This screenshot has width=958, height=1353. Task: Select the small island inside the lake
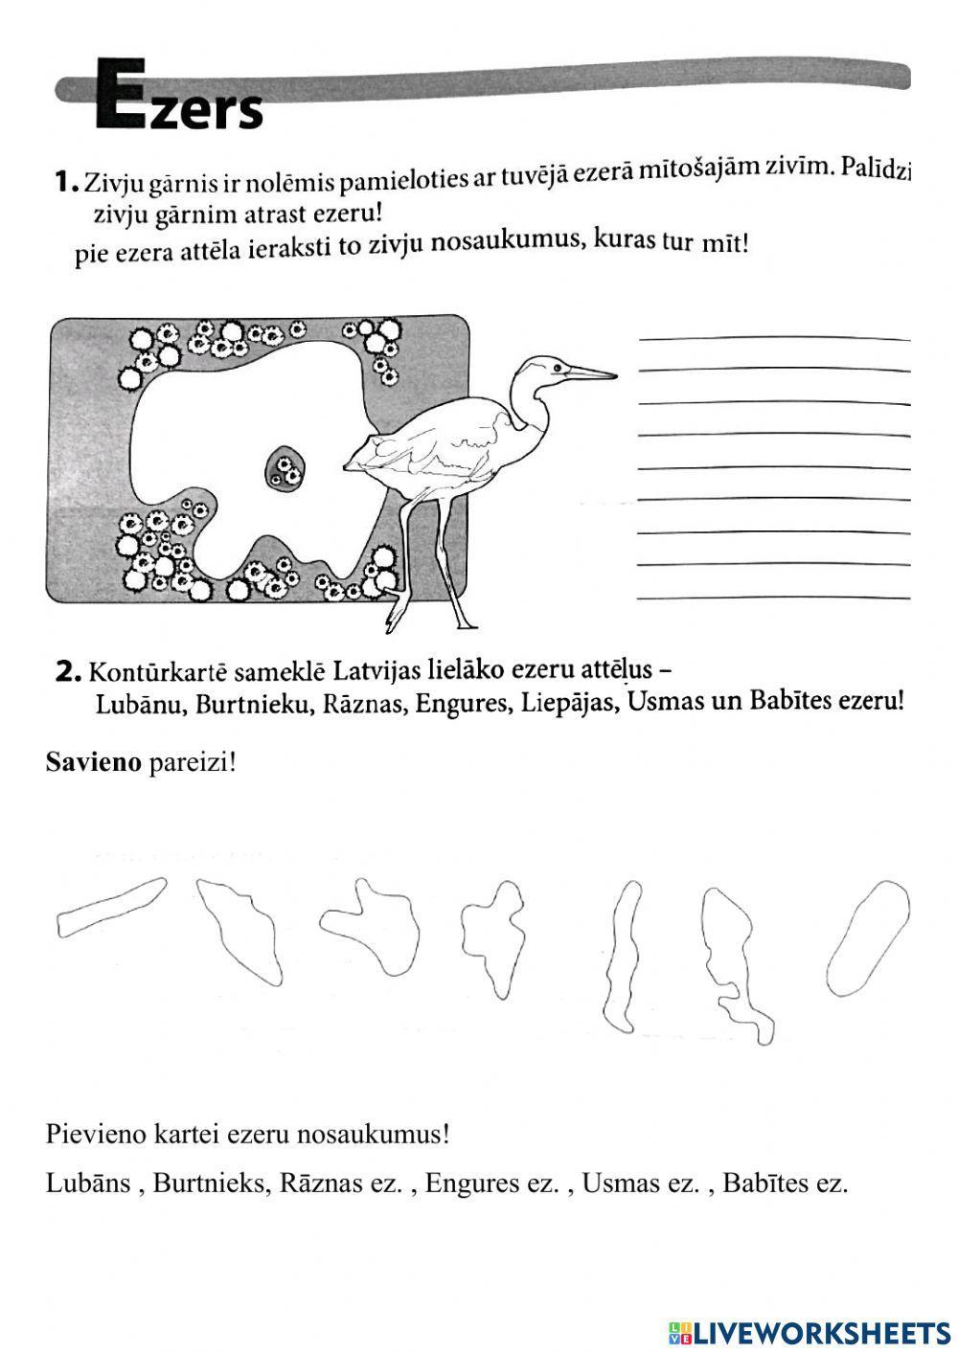(x=285, y=468)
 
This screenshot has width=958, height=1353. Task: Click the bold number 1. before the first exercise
(x=65, y=181)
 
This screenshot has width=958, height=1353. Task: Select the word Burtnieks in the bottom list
(x=208, y=1183)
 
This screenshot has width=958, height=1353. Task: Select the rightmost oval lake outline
(x=867, y=938)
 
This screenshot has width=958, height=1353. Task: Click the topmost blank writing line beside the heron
(x=773, y=338)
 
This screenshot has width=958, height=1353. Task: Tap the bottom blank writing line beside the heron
(x=773, y=598)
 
